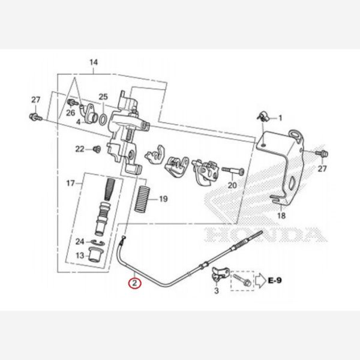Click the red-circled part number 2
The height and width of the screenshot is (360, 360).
136,281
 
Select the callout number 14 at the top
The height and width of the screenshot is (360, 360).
93,62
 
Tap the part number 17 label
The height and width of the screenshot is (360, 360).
70,182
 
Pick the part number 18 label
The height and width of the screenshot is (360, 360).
281,215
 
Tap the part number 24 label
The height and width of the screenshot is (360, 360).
79,242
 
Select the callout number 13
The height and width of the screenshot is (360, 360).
79,256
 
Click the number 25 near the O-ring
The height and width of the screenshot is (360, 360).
103,97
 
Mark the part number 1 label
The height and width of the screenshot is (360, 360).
279,118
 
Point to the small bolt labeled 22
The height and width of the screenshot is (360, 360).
95,148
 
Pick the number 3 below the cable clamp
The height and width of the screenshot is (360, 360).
217,291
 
